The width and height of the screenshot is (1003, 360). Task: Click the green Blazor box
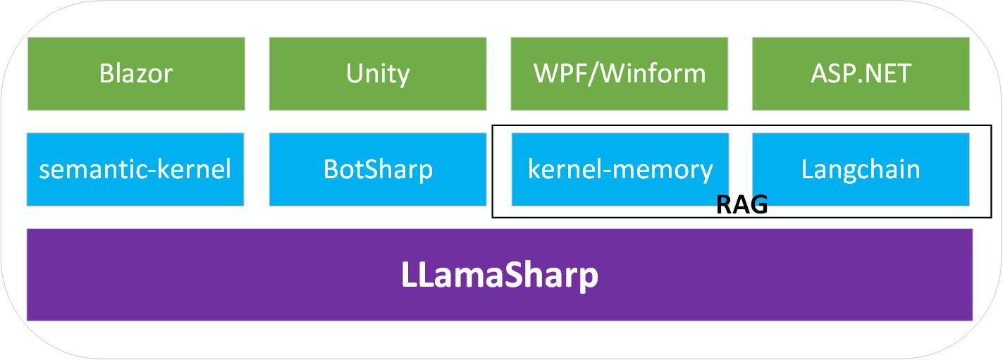tap(136, 73)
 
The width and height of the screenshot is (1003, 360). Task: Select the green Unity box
tap(378, 73)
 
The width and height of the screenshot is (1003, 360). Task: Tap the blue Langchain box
tap(861, 170)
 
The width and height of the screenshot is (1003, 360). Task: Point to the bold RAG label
tap(741, 205)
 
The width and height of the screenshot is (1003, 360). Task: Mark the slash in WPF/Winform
tap(593, 73)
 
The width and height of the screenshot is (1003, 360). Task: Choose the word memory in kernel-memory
tap(667, 170)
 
